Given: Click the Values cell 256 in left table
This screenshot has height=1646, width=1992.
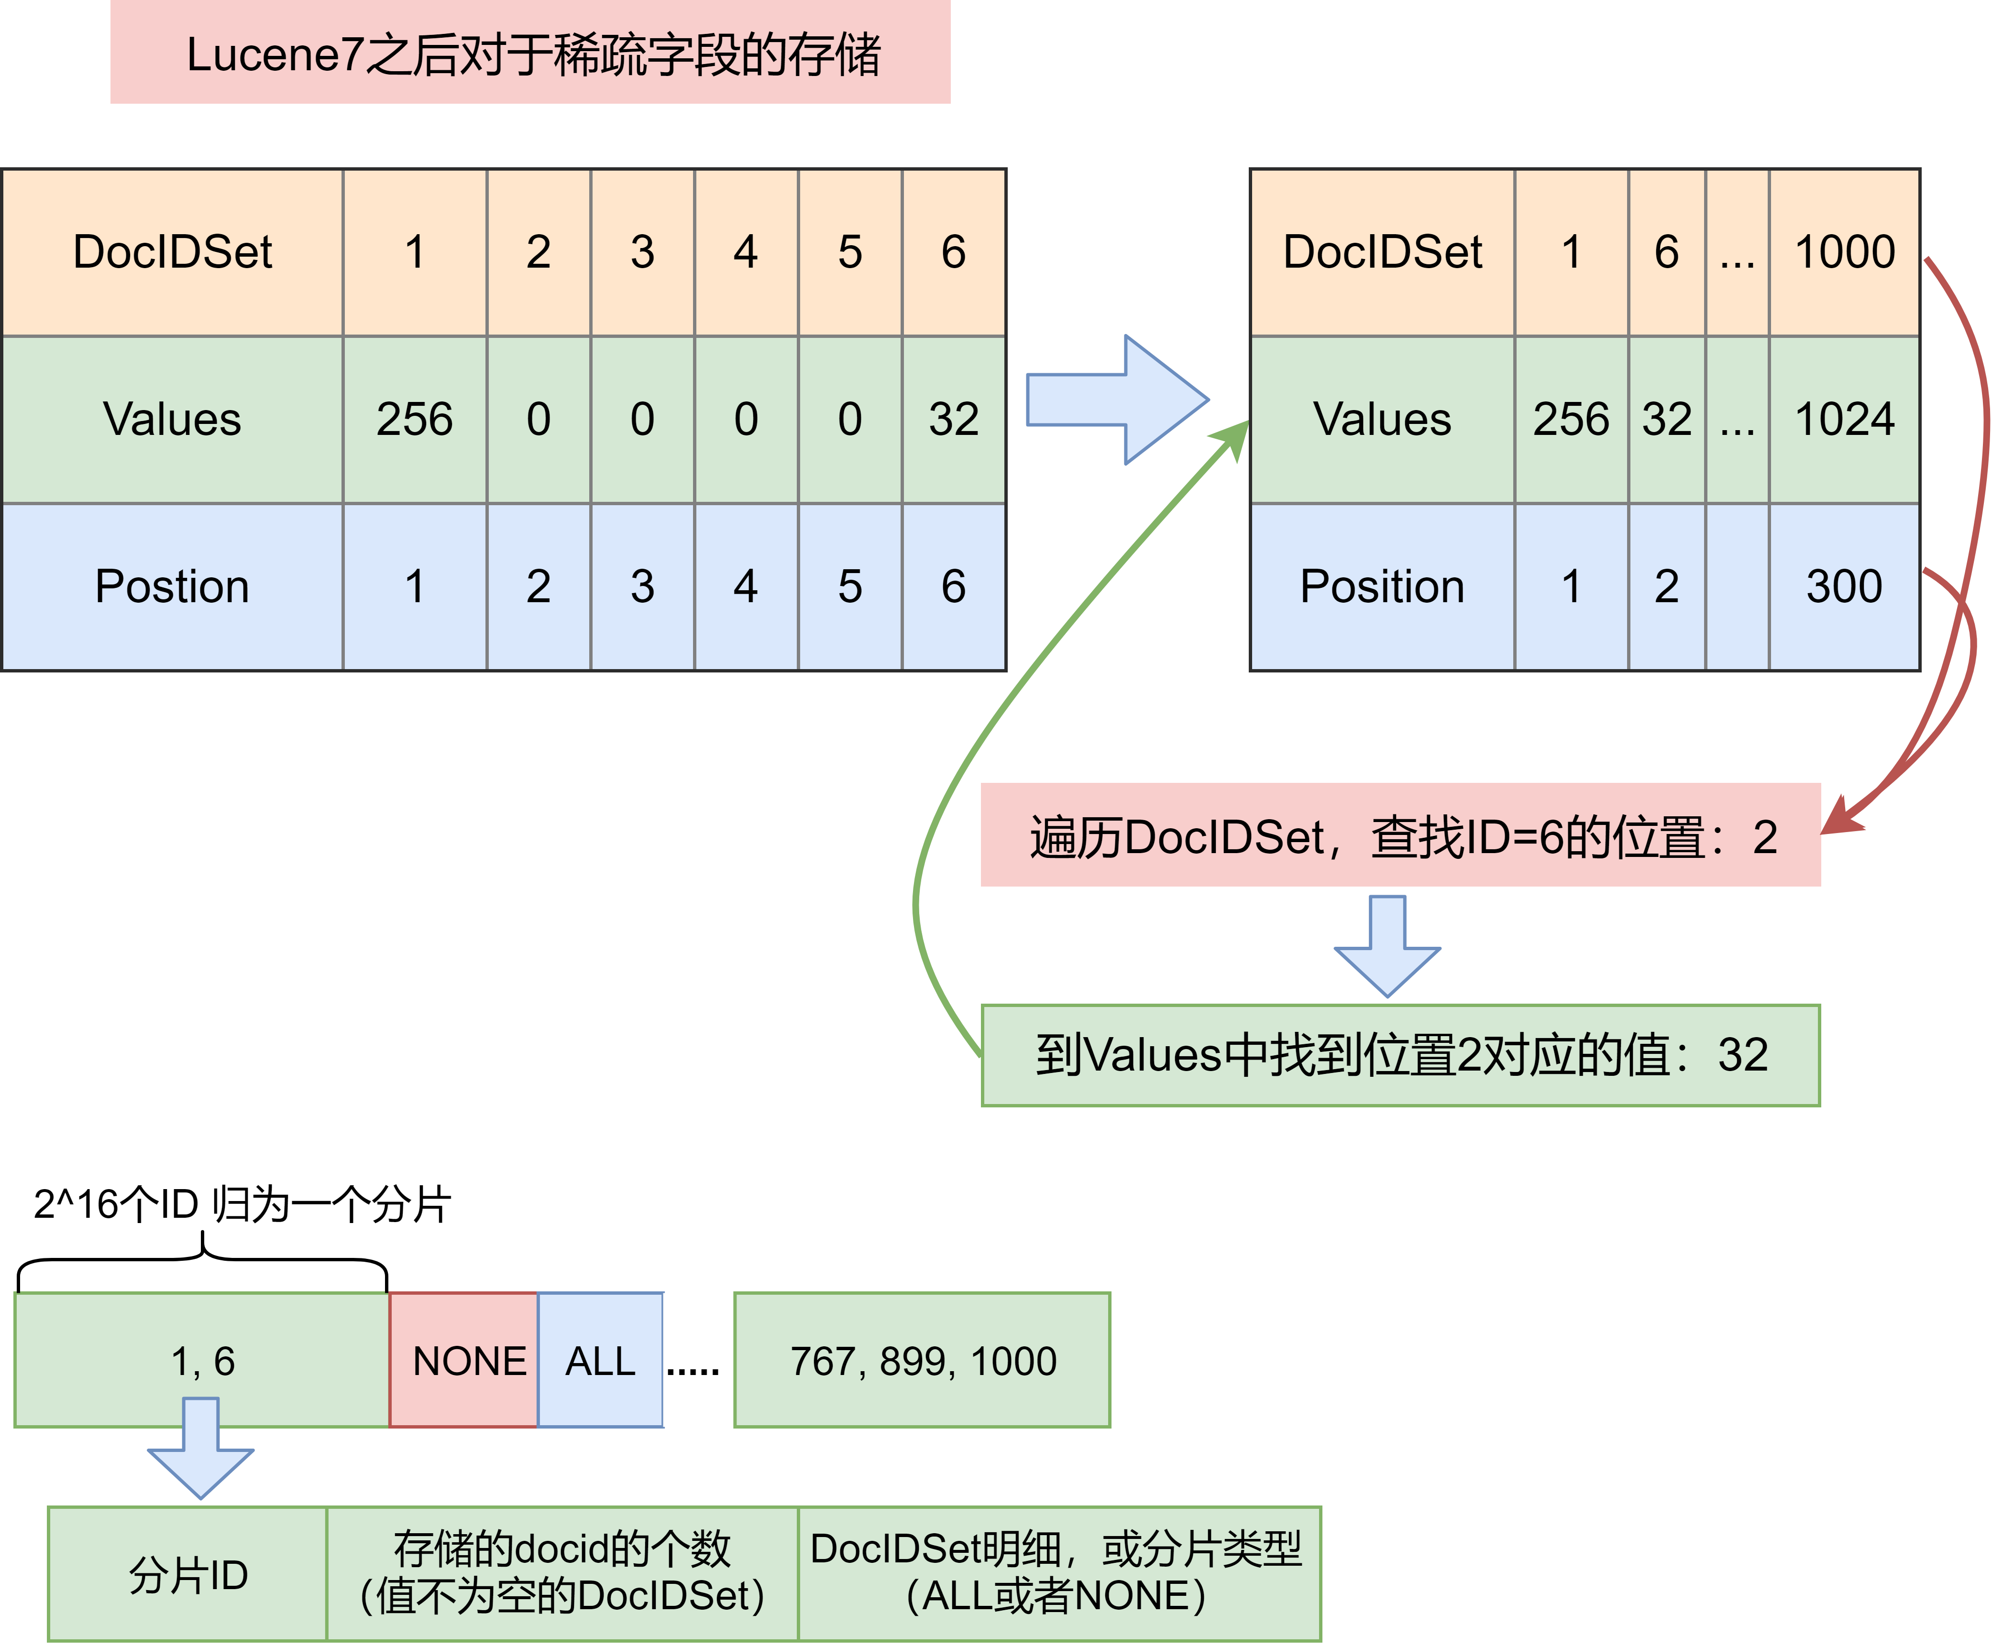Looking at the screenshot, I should (415, 419).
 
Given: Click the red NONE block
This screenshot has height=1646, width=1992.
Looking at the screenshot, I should (464, 1360).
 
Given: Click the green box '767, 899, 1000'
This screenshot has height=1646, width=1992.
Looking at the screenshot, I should (922, 1360).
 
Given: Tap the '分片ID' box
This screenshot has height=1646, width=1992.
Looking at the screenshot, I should (188, 1574).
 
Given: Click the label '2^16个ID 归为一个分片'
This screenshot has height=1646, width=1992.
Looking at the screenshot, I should (242, 1204).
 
